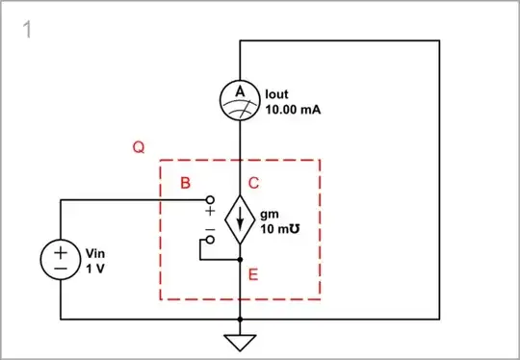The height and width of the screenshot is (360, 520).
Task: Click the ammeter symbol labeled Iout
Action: pos(239,99)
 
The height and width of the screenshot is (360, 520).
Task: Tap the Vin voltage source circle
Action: pos(61,259)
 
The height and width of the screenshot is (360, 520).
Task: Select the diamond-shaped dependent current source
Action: pos(239,220)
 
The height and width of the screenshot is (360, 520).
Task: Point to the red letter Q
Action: pos(139,148)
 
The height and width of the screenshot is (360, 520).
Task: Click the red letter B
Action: pos(185,182)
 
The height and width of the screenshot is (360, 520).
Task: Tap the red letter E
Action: pos(253,275)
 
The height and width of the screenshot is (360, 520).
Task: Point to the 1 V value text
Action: pos(94,269)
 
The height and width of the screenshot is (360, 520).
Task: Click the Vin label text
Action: pos(94,254)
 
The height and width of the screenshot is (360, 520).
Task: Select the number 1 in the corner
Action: pos(28,30)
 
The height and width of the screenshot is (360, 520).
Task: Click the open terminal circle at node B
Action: pos(208,200)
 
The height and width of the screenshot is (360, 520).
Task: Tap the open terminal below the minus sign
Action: pos(208,241)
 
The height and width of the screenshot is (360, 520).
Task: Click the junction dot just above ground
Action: pos(239,319)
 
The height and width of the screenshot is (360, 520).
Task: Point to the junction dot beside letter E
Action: pos(239,259)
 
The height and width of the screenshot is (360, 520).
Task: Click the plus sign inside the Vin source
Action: pos(61,250)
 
